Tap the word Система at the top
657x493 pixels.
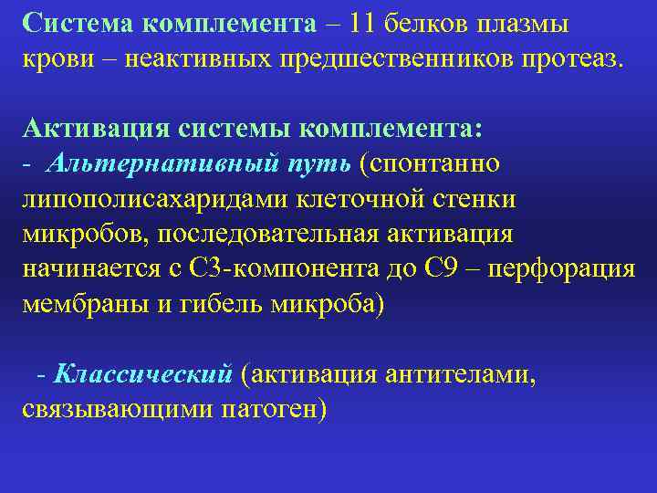[80, 22]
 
